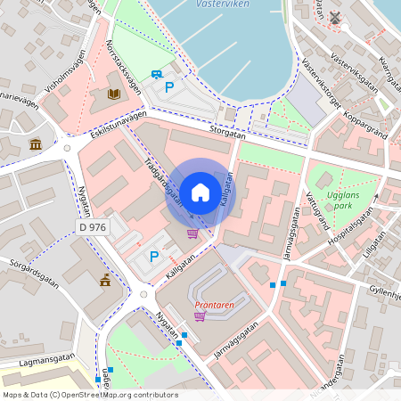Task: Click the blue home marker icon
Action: [200, 192]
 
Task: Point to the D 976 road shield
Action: [93, 227]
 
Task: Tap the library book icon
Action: [113, 93]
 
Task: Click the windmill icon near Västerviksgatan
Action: [335, 17]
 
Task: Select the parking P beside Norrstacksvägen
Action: [169, 88]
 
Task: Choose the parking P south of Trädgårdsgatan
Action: [153, 257]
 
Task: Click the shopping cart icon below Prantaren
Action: [200, 315]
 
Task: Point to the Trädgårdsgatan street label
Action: [164, 183]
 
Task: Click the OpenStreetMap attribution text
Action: [90, 395]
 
